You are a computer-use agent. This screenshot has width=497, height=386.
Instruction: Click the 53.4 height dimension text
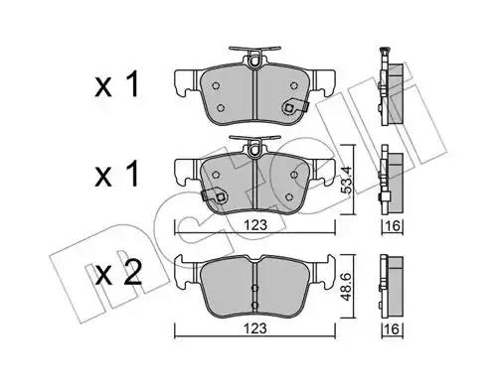click(x=348, y=180)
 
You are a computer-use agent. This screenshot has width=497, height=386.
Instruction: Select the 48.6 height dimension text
click(x=347, y=287)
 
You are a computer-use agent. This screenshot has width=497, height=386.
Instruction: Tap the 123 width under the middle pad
click(x=255, y=225)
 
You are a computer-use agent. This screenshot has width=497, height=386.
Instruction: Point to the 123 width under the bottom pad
click(x=255, y=328)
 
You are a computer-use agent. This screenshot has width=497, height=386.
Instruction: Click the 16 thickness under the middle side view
click(x=393, y=226)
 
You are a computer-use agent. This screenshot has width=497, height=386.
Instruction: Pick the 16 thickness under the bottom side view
click(x=393, y=329)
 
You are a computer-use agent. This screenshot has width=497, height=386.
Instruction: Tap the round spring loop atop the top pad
click(x=254, y=61)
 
